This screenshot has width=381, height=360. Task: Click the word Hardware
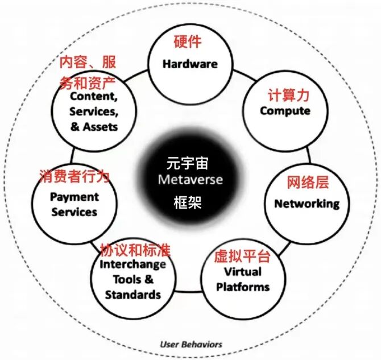pos(190,64)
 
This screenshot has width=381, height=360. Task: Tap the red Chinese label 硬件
pos(187,42)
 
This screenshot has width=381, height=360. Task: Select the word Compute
pos(285,110)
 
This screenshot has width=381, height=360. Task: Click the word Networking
pos(307,203)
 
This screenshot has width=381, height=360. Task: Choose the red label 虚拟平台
pos(242,255)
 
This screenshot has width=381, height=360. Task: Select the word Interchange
pos(133,264)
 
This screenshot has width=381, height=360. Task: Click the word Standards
pos(133,295)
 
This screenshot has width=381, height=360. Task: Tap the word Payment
pos(74,197)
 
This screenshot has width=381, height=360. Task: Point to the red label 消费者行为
pos(74,176)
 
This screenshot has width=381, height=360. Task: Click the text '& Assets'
pos(94,126)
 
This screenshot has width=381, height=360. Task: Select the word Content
pos(93,97)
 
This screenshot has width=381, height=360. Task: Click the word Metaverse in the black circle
pos(191,180)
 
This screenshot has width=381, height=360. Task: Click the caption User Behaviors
pos(191,344)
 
